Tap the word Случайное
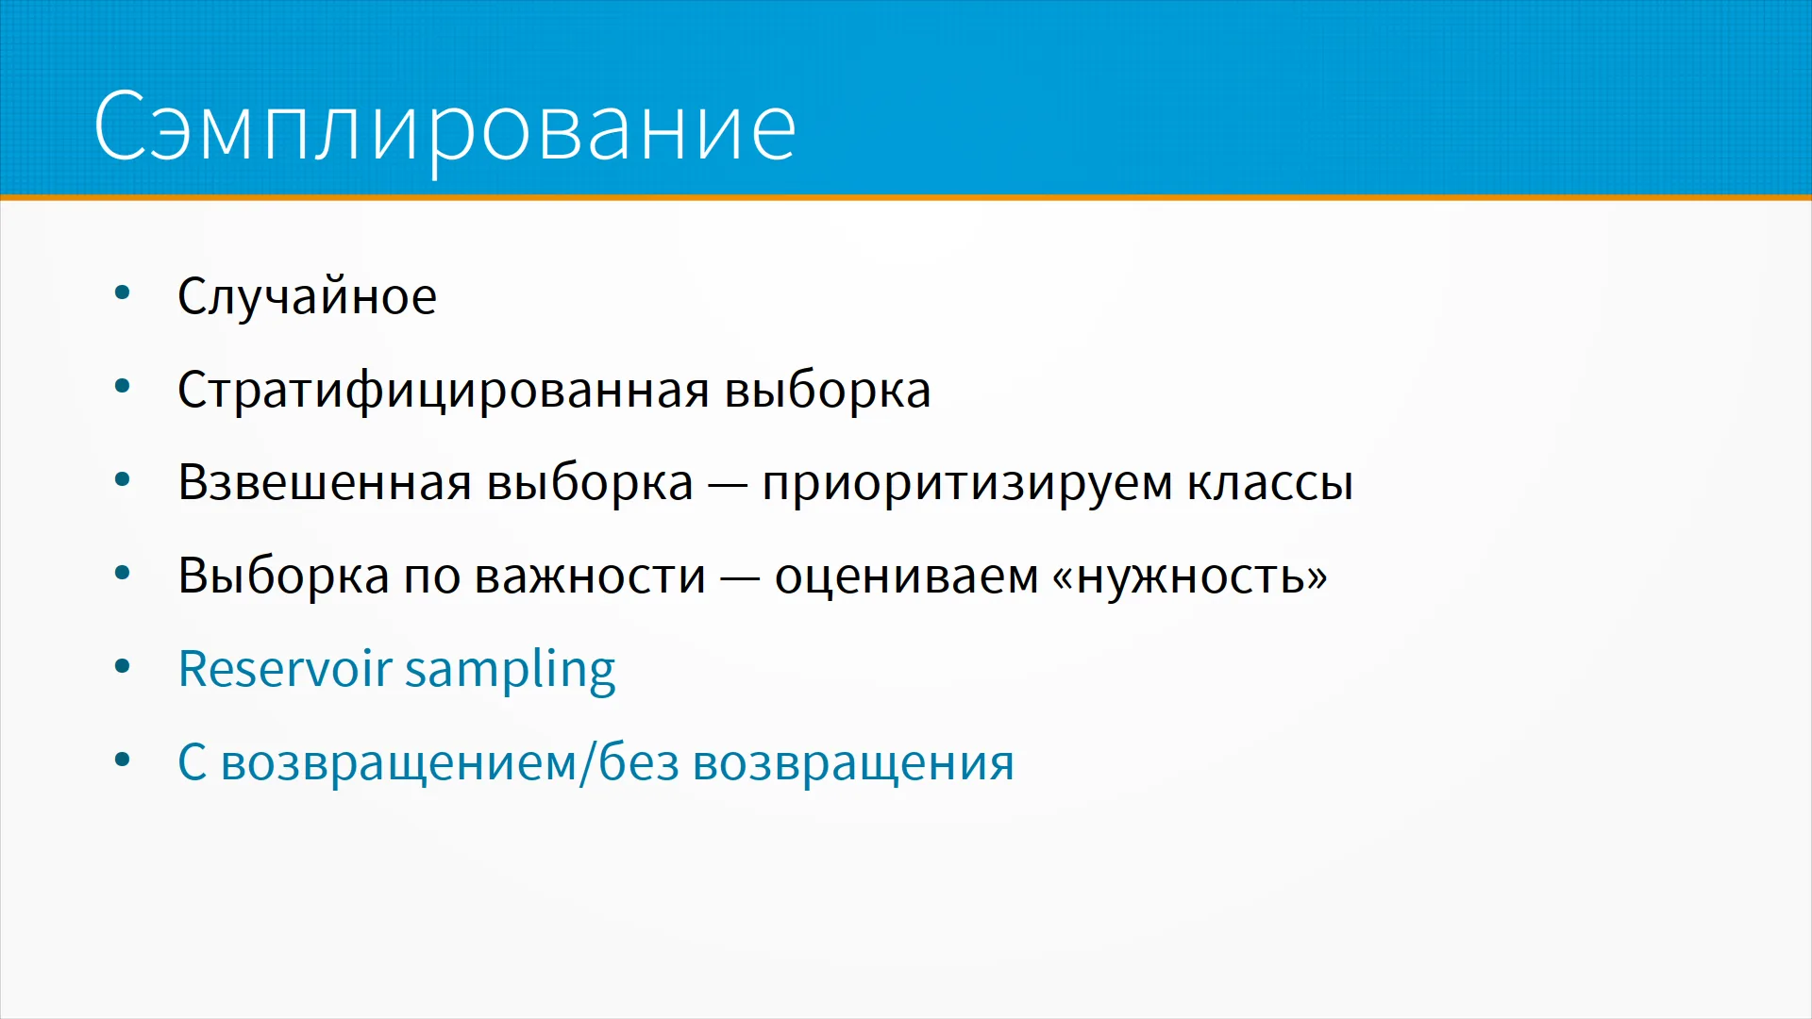coord(307,296)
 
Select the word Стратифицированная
coord(443,391)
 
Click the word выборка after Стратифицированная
coord(827,391)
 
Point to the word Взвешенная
coord(325,482)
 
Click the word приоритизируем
coord(966,484)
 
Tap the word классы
coord(1270,484)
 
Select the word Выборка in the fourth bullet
coord(283,576)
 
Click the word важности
coord(590,576)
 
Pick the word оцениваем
coord(906,576)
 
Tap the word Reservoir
coord(285,668)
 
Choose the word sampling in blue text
coord(511,670)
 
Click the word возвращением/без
coord(450,762)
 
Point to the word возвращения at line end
coord(854,763)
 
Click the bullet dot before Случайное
coord(122,292)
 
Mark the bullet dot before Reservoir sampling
coord(122,666)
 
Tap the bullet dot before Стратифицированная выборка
coord(122,386)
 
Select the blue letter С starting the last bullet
coord(193,762)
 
